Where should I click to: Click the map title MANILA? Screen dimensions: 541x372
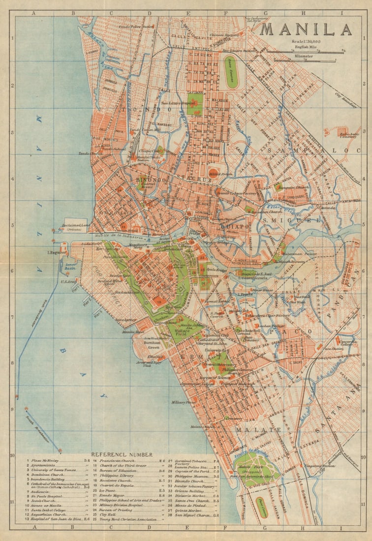306,30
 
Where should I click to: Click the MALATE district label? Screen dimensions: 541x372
251,429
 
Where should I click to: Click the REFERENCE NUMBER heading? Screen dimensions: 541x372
122,454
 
